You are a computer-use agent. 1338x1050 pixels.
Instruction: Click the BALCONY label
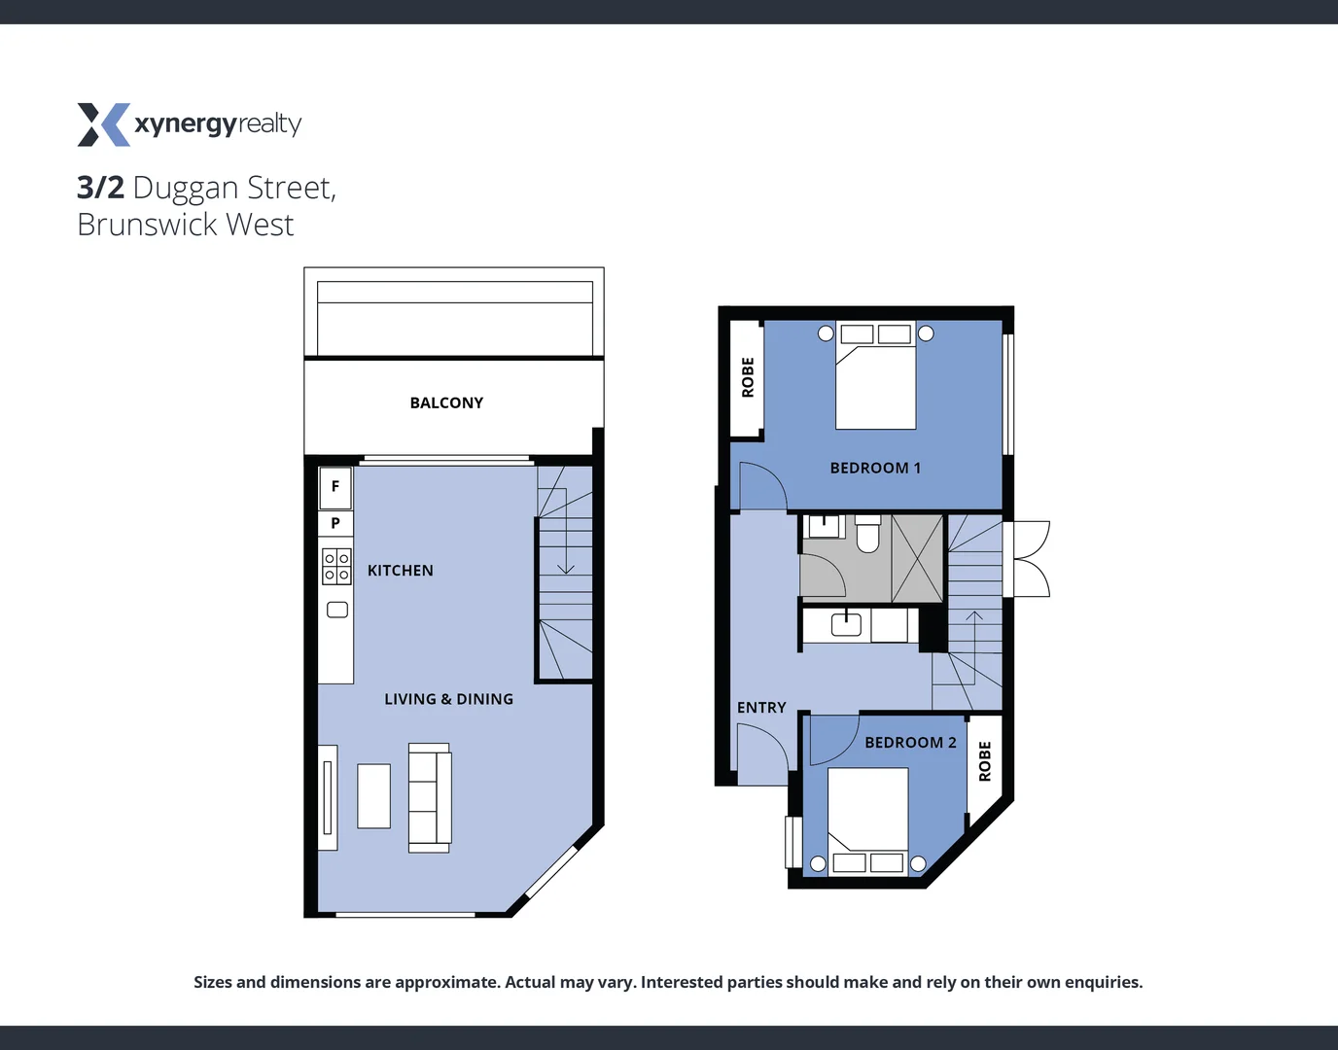coord(446,402)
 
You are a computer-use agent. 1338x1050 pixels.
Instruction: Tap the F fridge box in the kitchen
coord(335,487)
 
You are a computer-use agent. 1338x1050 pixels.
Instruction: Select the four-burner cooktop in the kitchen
coord(336,567)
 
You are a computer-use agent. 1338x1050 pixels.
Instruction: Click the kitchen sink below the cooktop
coord(337,610)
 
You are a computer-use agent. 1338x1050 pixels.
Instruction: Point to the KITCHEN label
coord(400,571)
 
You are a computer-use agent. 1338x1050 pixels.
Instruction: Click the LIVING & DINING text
coord(448,699)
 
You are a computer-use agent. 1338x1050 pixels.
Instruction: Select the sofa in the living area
coord(429,797)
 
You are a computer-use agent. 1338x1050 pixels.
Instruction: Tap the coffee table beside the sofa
coord(373,796)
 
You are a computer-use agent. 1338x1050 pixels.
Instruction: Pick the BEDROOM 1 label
coord(875,468)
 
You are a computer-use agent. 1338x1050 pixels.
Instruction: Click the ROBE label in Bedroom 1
coord(748,377)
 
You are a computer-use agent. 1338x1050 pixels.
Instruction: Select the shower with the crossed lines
coord(917,558)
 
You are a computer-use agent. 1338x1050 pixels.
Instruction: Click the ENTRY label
coord(761,708)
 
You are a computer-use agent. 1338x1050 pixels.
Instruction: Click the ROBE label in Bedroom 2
coord(985,761)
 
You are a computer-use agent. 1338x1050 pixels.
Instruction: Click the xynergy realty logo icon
coord(103,124)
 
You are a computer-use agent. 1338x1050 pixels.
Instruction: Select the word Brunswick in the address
coord(147,225)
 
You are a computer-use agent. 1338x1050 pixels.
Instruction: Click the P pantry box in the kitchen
coord(335,523)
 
